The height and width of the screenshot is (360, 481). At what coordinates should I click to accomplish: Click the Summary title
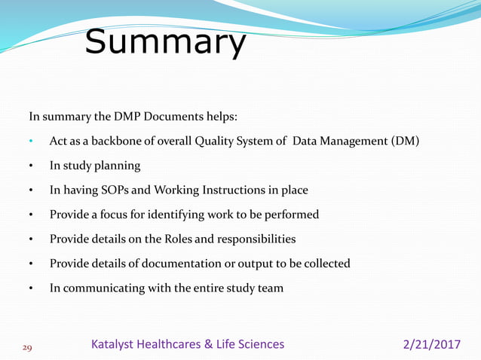click(x=164, y=43)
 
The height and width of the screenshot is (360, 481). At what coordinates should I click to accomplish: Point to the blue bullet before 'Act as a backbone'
click(x=31, y=142)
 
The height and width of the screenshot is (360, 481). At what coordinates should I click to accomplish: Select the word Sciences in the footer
click(x=259, y=344)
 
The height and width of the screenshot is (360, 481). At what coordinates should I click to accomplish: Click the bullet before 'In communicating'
click(x=31, y=288)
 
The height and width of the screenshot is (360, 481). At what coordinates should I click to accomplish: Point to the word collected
click(x=323, y=263)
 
